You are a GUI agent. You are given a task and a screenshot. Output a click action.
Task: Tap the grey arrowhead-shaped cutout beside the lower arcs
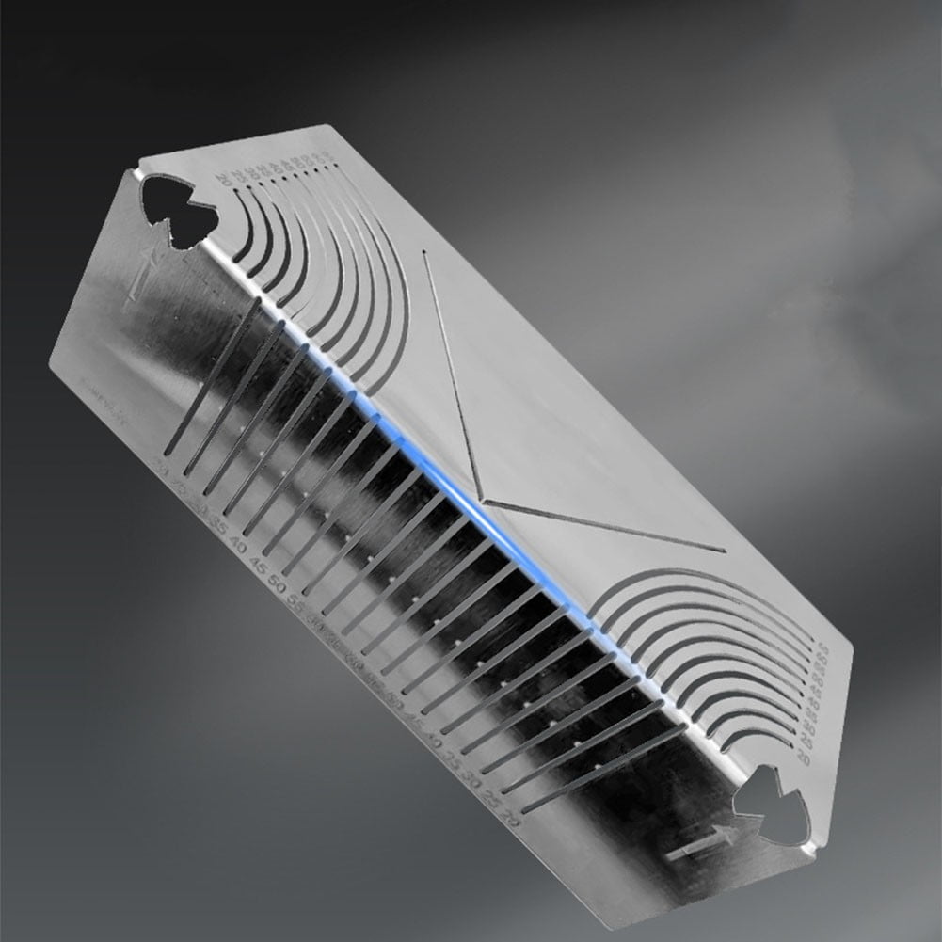[771, 806]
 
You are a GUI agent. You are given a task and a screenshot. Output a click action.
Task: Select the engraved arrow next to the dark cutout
[143, 274]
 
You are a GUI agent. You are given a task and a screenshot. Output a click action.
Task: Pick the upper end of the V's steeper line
[425, 252]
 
